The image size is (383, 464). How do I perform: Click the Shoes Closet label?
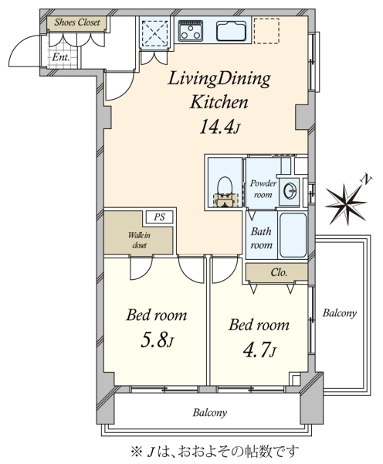[77, 22]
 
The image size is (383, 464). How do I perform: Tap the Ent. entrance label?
[61, 57]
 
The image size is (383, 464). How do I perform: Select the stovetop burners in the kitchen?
[191, 31]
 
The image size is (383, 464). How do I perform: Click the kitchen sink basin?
[232, 31]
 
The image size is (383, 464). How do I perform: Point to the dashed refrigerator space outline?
[266, 31]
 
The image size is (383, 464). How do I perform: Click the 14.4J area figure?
[220, 127]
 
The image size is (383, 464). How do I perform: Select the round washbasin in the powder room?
[290, 190]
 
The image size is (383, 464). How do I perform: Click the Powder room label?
[263, 189]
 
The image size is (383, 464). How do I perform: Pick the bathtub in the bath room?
[293, 235]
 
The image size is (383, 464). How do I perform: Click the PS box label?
[159, 217]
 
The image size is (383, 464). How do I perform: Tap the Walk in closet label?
[139, 240]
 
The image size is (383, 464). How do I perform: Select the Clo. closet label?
[279, 272]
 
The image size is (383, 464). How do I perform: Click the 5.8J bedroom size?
[157, 340]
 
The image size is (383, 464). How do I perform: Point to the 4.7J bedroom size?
[259, 350]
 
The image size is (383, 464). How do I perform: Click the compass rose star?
[345, 204]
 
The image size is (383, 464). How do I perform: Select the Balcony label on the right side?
[339, 312]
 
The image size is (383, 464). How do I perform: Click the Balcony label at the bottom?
[210, 412]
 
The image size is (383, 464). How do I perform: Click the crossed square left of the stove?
[155, 32]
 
